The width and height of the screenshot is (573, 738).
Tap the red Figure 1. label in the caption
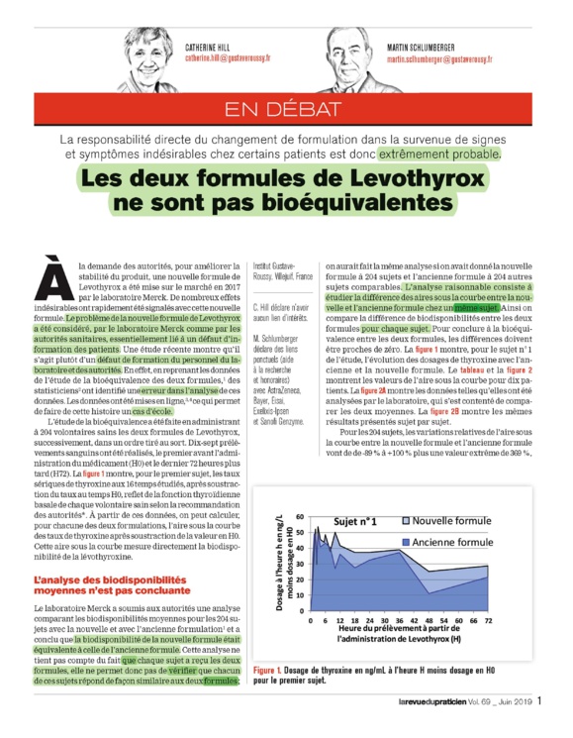pyautogui.click(x=271, y=673)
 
